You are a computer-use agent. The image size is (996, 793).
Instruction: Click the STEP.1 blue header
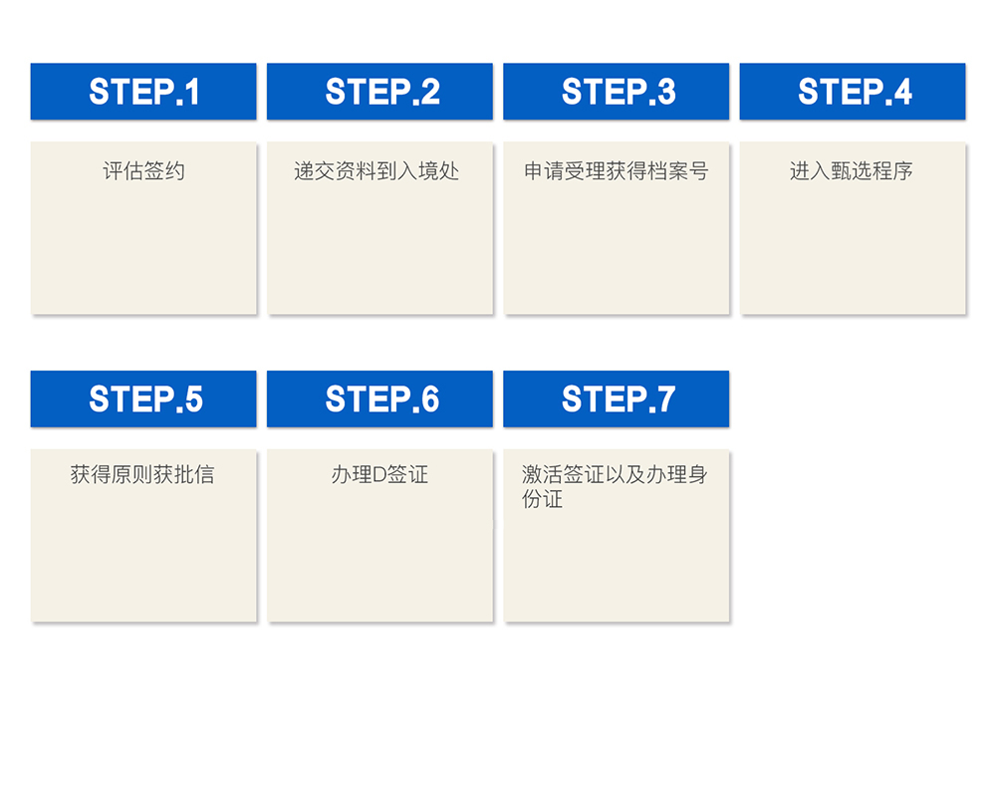[143, 91]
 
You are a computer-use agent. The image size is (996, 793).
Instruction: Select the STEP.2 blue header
[379, 91]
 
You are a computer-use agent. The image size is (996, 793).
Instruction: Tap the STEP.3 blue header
[617, 91]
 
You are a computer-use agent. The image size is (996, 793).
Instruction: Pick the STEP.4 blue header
[853, 91]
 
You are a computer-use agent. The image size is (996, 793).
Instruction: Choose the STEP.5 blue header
[143, 398]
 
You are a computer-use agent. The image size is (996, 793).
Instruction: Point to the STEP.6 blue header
[379, 398]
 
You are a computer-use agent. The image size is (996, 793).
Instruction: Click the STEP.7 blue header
[617, 398]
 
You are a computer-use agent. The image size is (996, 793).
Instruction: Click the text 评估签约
[143, 171]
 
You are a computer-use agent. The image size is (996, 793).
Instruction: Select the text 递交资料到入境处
[376, 171]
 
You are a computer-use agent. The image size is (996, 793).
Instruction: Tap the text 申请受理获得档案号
[617, 171]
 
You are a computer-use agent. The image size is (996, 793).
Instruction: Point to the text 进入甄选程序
[852, 171]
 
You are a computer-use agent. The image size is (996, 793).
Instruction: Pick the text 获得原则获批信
[142, 474]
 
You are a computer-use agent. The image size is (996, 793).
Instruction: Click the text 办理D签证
[379, 474]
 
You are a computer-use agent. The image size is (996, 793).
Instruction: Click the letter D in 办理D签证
[379, 474]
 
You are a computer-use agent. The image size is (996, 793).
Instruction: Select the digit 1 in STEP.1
[192, 92]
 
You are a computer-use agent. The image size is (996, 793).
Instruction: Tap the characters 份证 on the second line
[543, 499]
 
